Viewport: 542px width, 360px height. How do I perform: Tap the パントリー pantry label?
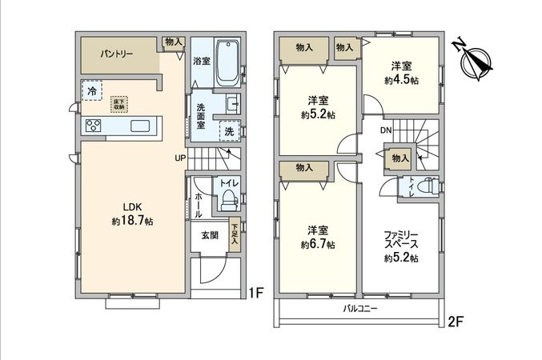117,55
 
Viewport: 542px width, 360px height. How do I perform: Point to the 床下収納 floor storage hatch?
120,104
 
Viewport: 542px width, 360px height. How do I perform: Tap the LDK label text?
132,205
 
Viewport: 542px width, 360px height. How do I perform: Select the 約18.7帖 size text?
133,219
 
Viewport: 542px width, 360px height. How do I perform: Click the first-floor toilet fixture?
228,196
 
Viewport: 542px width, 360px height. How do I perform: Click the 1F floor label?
255,292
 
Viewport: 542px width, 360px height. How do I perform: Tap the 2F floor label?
455,322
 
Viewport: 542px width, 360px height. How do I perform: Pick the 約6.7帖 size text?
319,244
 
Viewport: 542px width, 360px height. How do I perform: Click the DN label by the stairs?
385,130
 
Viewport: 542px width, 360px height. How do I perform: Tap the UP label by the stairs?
181,158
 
